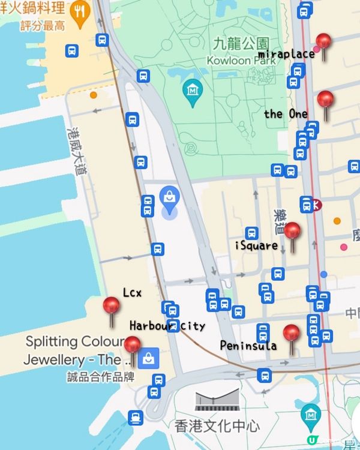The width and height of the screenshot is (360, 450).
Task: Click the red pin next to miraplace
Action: point(323,43)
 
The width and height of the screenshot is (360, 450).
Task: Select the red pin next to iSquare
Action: point(292,232)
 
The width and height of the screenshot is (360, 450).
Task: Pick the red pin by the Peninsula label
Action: point(292,334)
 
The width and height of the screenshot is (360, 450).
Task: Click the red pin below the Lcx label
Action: point(112,306)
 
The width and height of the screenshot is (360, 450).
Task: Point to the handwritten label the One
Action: point(286,114)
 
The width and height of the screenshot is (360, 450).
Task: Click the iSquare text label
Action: point(256,245)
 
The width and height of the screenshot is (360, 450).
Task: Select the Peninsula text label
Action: point(248,346)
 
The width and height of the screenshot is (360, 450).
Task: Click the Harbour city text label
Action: point(167,326)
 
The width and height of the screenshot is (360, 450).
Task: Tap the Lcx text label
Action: point(132,293)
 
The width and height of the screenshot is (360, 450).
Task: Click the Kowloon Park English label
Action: point(241,60)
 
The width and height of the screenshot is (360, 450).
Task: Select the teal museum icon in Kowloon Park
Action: point(193,91)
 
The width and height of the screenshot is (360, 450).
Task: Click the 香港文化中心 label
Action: point(218,427)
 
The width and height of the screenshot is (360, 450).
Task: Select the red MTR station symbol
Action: point(316,205)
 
